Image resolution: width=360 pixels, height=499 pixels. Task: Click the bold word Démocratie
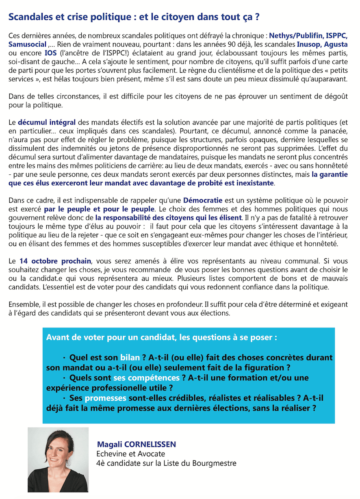203,200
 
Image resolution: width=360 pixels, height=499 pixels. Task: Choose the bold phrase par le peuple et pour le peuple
100,209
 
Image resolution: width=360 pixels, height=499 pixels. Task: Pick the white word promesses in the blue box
106,398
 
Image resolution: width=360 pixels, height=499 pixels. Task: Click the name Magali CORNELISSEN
136,444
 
